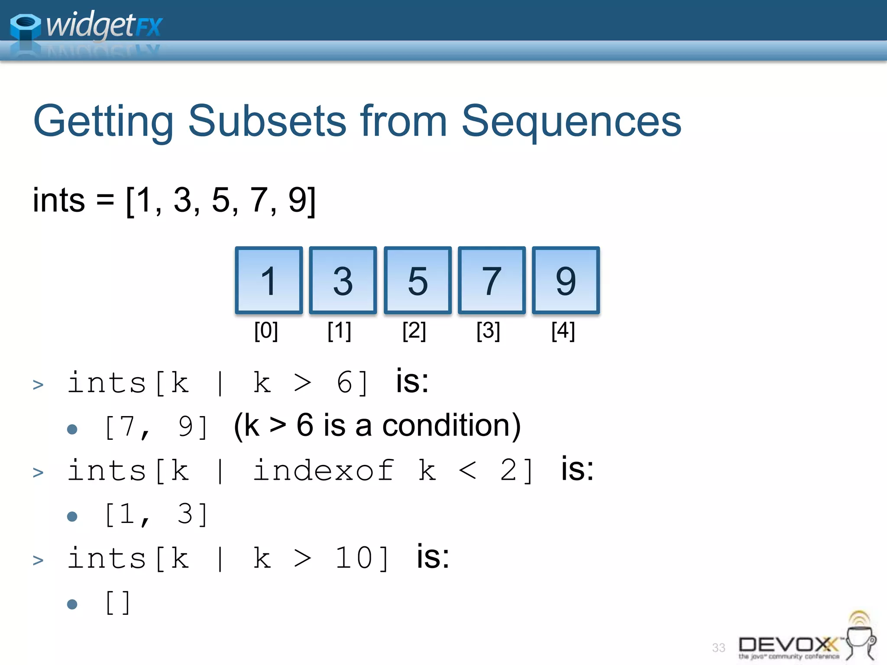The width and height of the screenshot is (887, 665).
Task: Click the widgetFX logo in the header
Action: click(87, 26)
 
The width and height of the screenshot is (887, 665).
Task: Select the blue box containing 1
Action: click(269, 281)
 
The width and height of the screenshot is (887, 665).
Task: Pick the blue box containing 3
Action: click(343, 281)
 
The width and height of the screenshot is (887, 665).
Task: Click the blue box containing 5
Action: click(418, 281)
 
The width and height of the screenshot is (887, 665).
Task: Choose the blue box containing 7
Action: click(492, 281)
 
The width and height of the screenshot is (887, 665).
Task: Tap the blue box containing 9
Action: click(566, 281)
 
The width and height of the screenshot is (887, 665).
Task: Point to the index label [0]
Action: click(266, 331)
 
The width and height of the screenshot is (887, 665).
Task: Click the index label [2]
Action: click(414, 331)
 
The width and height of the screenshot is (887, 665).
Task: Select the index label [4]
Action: click(563, 331)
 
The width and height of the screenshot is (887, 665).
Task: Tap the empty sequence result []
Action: click(117, 603)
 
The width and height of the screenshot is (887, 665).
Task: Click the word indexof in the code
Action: click(323, 471)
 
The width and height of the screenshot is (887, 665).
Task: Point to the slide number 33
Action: click(719, 648)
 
